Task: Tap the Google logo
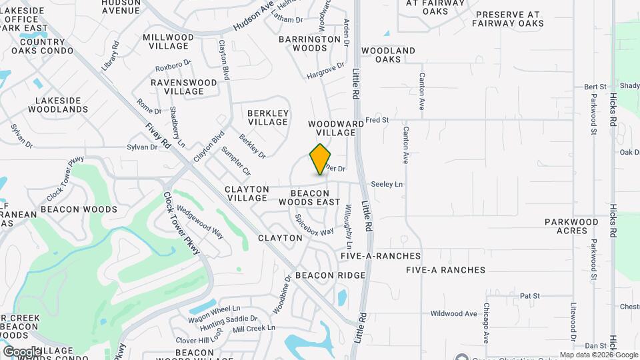click(21, 351)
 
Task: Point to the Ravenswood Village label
click(183, 87)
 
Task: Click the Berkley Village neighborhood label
click(268, 117)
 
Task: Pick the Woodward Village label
click(336, 128)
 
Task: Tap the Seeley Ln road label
click(387, 184)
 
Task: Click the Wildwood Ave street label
click(453, 313)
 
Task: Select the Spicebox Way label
click(314, 225)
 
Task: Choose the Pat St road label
click(529, 295)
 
